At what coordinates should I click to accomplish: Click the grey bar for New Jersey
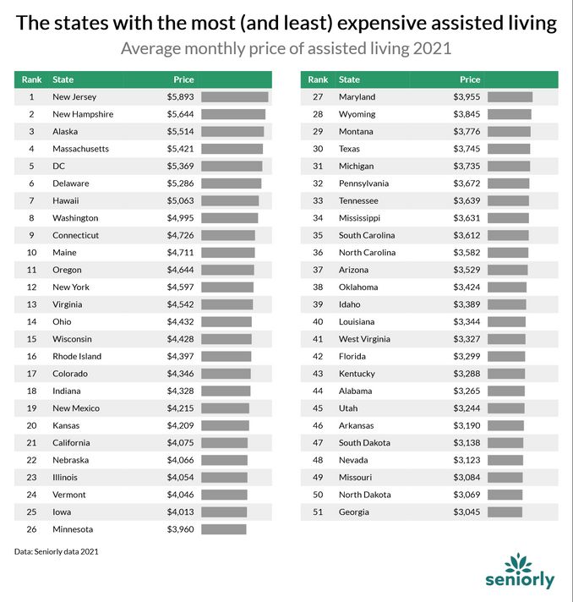click(x=234, y=97)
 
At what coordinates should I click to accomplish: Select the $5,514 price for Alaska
click(x=180, y=132)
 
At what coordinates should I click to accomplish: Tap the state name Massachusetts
click(x=80, y=149)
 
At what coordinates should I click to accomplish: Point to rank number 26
click(x=30, y=529)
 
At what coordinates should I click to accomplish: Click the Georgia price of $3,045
click(x=467, y=512)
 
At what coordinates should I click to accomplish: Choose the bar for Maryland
click(x=510, y=97)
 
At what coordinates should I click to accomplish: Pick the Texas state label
click(x=349, y=149)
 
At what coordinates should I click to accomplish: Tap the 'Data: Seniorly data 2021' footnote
click(x=56, y=551)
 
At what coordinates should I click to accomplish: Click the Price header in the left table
click(x=183, y=79)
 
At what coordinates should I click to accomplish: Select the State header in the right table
click(x=349, y=79)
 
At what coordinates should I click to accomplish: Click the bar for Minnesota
click(x=223, y=529)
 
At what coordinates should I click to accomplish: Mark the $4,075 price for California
click(x=180, y=443)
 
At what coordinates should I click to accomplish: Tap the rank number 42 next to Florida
click(x=318, y=357)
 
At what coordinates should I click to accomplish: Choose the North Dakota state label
click(x=364, y=495)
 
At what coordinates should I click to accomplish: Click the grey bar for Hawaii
click(x=230, y=201)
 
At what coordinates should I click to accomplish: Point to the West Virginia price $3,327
click(x=467, y=339)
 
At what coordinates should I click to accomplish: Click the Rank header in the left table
click(x=31, y=79)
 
